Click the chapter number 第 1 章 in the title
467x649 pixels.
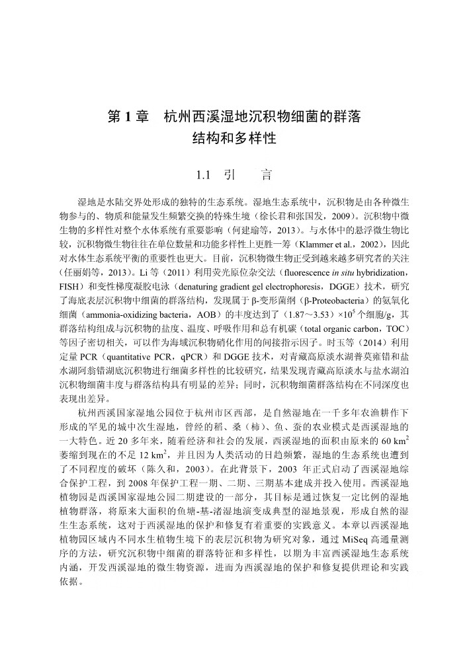(x=128, y=117)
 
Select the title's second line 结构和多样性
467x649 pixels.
(x=233, y=139)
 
